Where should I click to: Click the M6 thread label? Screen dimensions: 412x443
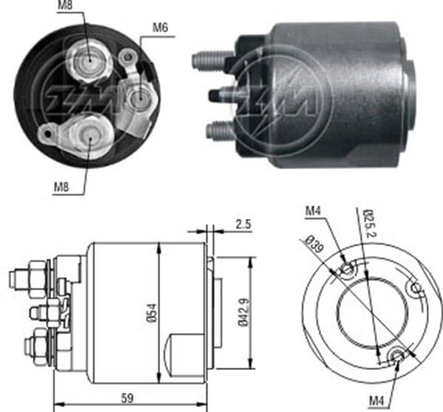(x=161, y=29)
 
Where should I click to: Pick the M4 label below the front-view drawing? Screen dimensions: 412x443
(x=377, y=400)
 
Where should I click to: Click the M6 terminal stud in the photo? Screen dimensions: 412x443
(x=137, y=97)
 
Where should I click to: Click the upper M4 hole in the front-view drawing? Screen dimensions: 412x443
(x=347, y=270)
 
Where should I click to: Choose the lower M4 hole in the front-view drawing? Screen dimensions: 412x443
(x=399, y=356)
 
